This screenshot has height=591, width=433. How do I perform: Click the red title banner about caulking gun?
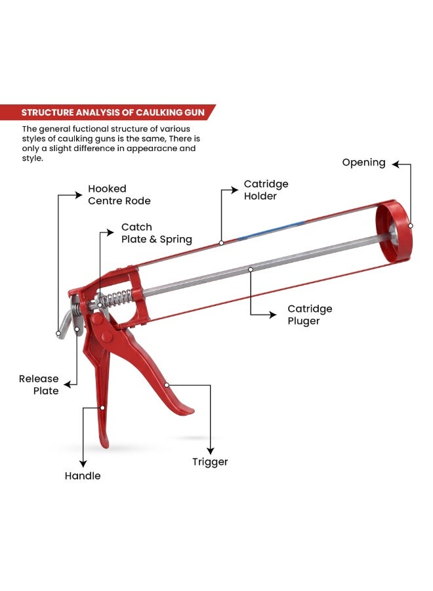[108, 112]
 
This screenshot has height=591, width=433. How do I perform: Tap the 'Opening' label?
[363, 163]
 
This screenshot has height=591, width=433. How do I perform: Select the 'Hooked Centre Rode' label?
[119, 194]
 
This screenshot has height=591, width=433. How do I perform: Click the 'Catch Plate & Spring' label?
[157, 233]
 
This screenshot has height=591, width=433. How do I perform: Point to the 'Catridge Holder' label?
[266, 190]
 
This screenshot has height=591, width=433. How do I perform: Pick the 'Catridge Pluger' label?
[310, 315]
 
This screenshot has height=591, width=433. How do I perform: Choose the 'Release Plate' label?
[39, 384]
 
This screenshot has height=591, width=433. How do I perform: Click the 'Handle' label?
[83, 475]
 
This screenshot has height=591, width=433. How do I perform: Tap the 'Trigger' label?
[210, 462]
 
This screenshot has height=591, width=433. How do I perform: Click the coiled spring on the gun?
[116, 299]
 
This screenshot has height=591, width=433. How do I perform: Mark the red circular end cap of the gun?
[394, 231]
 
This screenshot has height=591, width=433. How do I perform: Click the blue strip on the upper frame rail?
[271, 230]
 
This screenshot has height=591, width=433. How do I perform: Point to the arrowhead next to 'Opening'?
[396, 164]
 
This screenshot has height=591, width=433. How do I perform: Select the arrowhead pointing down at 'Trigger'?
[211, 450]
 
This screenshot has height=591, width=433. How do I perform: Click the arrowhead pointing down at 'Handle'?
[83, 464]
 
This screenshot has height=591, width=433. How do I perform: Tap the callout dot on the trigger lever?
[167, 385]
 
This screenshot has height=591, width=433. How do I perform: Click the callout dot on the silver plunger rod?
[251, 269]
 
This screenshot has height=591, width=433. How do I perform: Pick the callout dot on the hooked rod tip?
[58, 333]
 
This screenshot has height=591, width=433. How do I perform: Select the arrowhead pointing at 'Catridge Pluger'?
[273, 315]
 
